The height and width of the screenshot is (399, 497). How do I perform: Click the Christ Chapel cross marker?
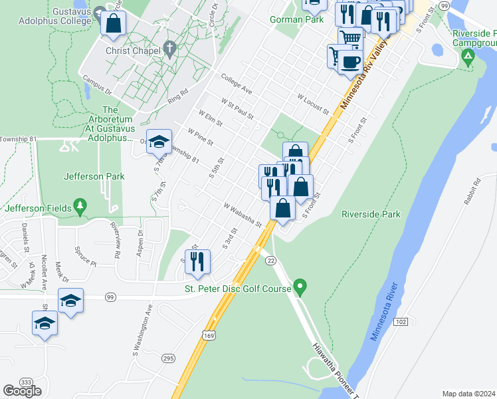click(169, 49)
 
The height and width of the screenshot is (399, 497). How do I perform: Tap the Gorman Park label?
click(296, 20)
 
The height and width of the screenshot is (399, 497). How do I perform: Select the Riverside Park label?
click(371, 214)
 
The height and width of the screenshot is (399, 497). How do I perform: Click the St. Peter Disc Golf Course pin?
click(300, 287)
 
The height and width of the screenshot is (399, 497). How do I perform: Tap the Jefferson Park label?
click(94, 176)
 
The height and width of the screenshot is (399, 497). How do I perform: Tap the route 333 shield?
click(27, 382)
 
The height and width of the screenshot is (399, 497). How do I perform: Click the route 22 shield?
click(270, 261)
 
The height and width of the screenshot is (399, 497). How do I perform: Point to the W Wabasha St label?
click(243, 215)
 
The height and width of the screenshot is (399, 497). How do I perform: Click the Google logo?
click(23, 391)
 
